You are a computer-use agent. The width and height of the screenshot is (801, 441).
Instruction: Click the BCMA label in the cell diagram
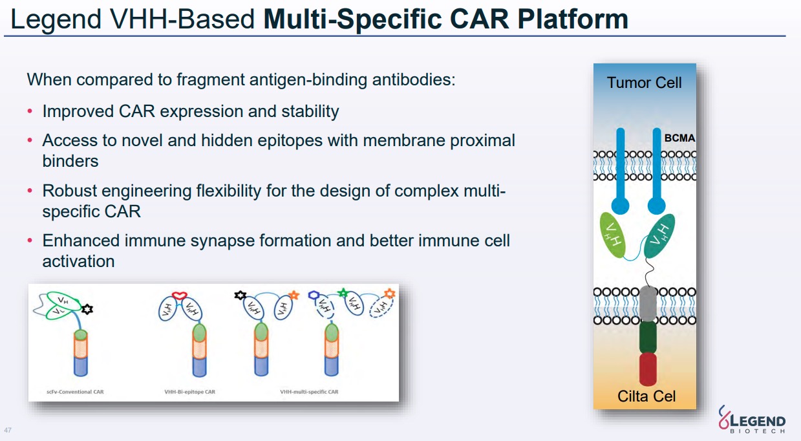(679, 138)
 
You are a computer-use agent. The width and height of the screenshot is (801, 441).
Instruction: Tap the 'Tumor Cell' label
(644, 83)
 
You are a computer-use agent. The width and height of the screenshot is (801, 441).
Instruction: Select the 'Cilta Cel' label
(646, 396)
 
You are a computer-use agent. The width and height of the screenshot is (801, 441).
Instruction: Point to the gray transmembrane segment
(648, 304)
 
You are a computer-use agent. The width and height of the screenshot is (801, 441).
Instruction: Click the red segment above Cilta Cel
(648, 369)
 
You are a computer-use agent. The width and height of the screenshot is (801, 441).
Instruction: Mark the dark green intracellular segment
(648, 337)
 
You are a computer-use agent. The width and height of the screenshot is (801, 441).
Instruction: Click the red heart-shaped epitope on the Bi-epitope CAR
(179, 296)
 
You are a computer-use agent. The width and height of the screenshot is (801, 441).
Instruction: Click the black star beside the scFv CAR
(88, 309)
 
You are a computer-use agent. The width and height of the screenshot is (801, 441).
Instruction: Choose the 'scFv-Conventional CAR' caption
(76, 392)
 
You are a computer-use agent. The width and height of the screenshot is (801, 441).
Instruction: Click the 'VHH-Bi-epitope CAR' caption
(190, 392)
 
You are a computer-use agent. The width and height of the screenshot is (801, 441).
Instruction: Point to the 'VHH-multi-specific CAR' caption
(309, 392)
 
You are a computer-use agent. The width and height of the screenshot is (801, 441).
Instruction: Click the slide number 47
(8, 430)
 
